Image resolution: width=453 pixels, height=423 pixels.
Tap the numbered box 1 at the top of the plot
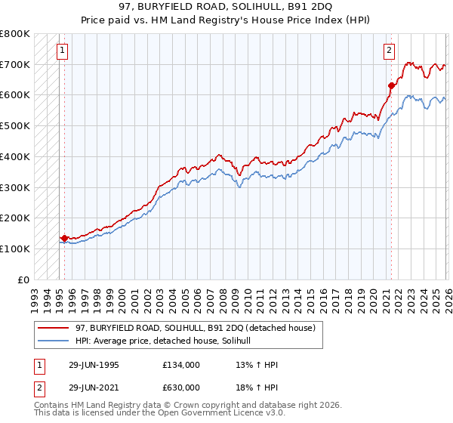pyautogui.click(x=60, y=51)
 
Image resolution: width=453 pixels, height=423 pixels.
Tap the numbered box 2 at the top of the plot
pyautogui.click(x=389, y=51)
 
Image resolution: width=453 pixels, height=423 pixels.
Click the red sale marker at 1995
pyautogui.click(x=64, y=238)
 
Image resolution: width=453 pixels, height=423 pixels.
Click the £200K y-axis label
pyautogui.click(x=15, y=218)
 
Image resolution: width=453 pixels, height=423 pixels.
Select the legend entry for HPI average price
pyautogui.click(x=167, y=341)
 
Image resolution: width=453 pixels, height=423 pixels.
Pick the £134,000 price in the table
pyautogui.click(x=180, y=365)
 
